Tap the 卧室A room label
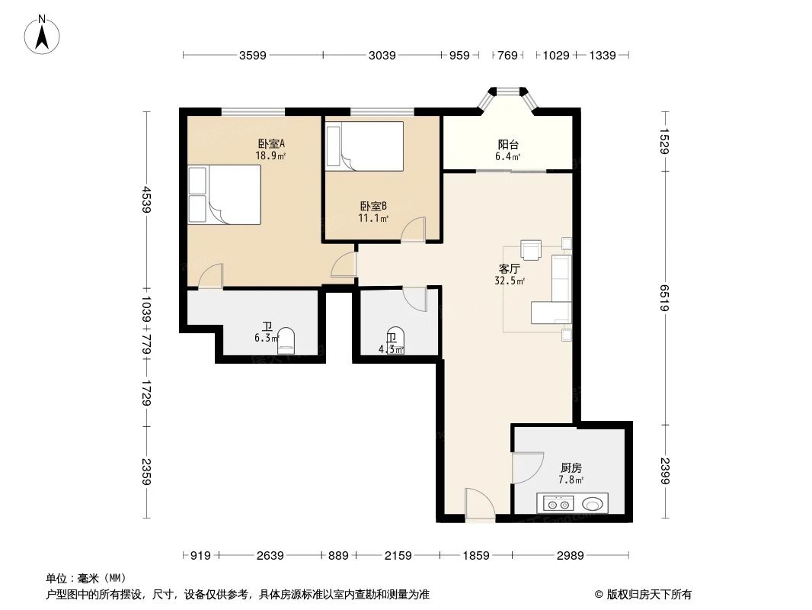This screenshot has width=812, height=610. [x=270, y=143]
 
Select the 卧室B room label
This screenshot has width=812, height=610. [x=373, y=206]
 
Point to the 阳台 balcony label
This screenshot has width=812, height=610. [x=508, y=145]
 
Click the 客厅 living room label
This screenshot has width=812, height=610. [x=509, y=269]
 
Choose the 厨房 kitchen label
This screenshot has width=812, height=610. [x=571, y=468]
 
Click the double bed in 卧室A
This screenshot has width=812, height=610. [x=225, y=195]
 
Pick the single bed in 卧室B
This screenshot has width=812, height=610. [x=364, y=146]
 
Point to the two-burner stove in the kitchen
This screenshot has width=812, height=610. [x=558, y=503]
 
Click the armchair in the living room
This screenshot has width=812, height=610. [x=530, y=249]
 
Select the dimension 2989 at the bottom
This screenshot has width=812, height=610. [x=569, y=556]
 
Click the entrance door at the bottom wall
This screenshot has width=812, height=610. [x=480, y=506]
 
